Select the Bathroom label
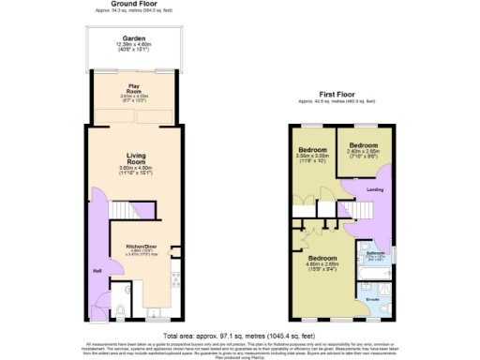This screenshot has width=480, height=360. tap(375, 253)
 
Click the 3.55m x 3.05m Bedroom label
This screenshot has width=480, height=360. tap(313, 150)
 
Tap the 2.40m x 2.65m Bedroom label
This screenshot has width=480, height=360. tap(362, 146)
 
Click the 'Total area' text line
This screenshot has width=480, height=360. tap(240, 335)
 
